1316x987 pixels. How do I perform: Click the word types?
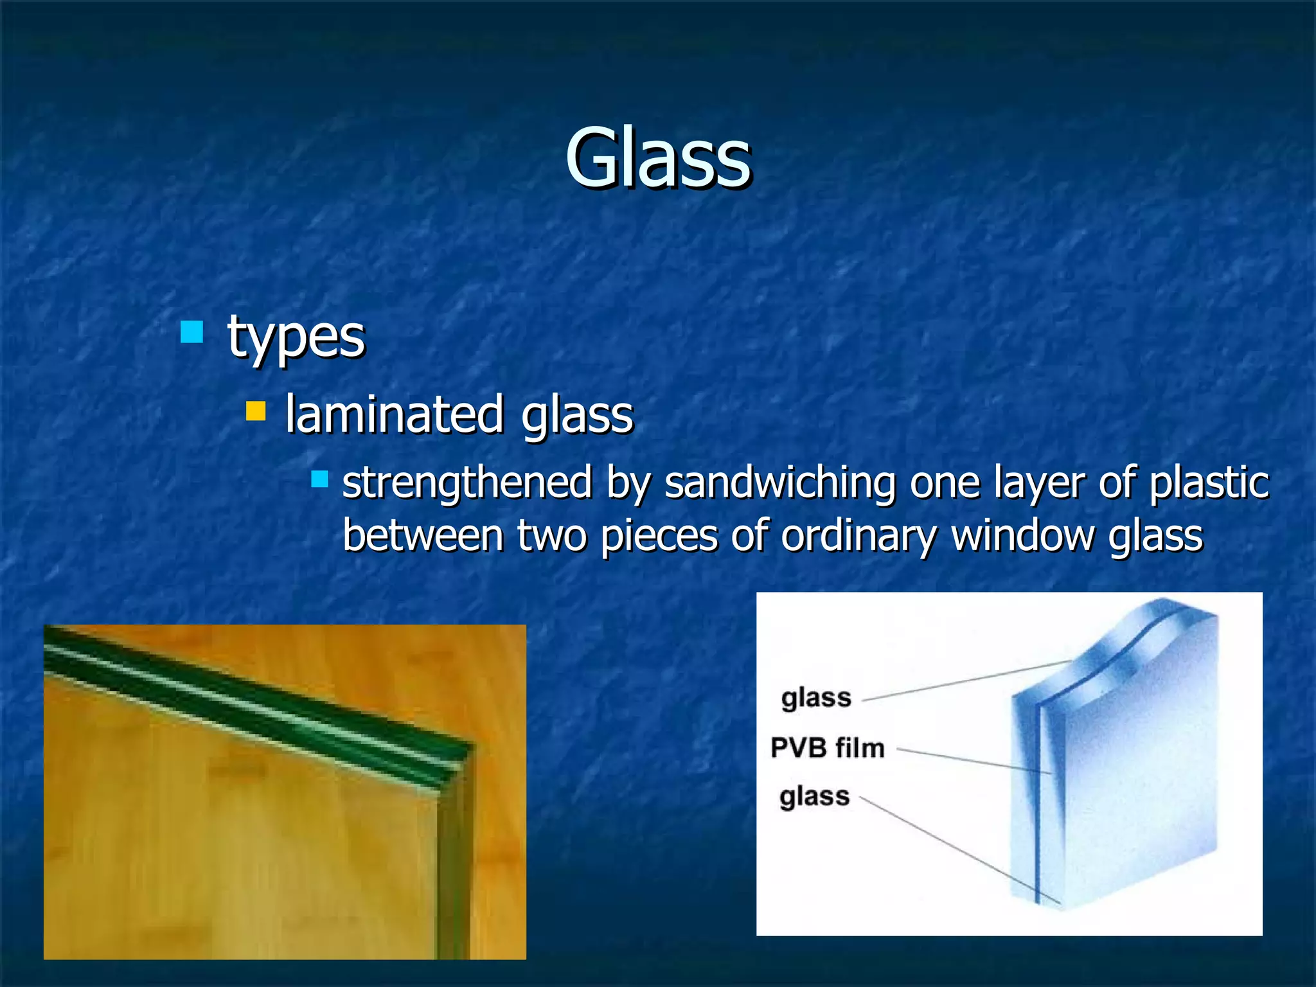[x=296, y=337]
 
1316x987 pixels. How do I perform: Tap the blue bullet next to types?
[x=191, y=332]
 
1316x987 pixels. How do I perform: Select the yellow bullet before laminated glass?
[x=256, y=411]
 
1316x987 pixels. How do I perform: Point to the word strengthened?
[x=467, y=483]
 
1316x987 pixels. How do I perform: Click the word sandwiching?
[x=779, y=483]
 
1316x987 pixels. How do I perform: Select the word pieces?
[x=659, y=536]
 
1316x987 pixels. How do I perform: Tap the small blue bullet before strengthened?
[x=319, y=479]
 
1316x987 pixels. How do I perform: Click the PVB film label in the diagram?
[x=828, y=748]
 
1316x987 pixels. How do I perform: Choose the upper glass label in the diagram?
[x=816, y=698]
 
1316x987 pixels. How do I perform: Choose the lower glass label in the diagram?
[x=814, y=797]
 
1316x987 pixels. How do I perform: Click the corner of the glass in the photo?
[x=463, y=758]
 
